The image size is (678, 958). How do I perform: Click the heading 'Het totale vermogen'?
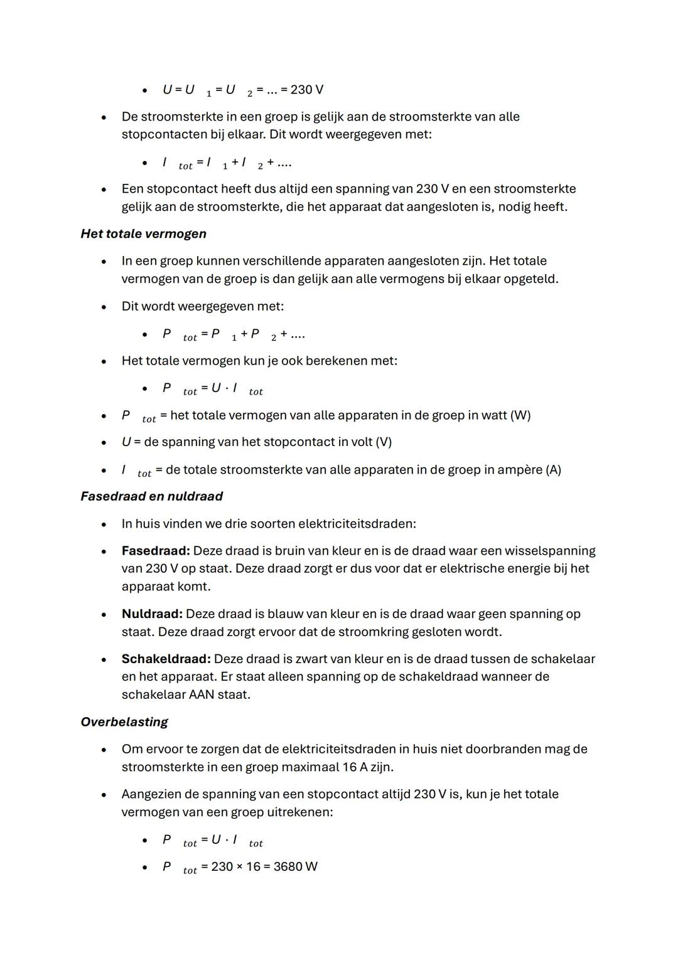click(x=143, y=234)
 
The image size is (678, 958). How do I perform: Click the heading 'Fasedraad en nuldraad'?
click(x=151, y=496)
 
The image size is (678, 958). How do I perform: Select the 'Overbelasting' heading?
click(x=124, y=722)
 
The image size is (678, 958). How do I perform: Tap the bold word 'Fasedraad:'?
click(x=155, y=551)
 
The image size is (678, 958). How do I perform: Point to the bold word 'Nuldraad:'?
click(x=152, y=614)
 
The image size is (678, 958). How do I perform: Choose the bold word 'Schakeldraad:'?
click(x=166, y=659)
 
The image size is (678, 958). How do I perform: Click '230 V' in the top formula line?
click(x=307, y=90)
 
